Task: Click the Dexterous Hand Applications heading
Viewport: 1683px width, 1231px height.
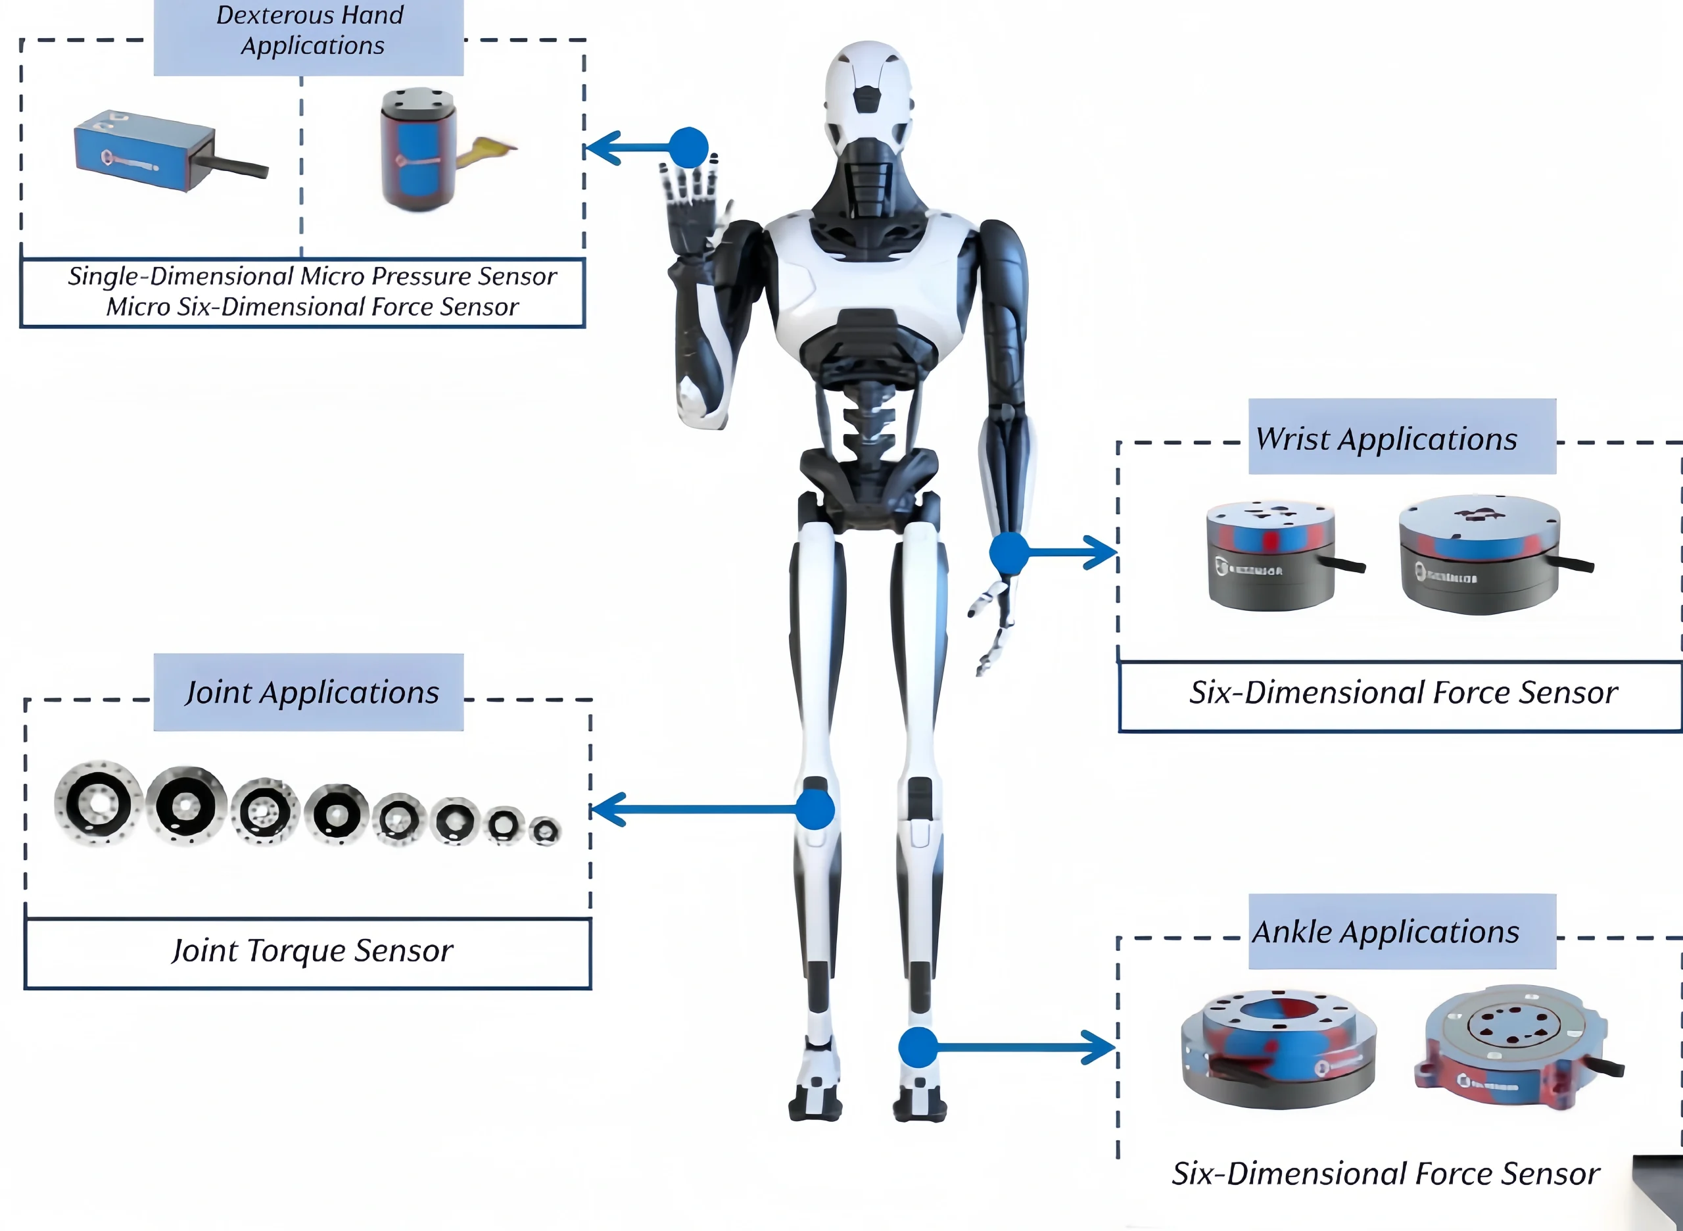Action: click(309, 30)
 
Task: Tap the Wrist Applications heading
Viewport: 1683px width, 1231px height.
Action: click(1386, 439)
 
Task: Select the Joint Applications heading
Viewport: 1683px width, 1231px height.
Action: click(312, 692)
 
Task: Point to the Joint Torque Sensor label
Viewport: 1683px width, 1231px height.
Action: click(312, 951)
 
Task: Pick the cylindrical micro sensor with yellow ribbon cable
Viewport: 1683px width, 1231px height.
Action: click(417, 149)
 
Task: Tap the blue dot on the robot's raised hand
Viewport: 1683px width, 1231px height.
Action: click(688, 147)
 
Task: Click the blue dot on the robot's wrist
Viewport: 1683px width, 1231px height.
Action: click(1008, 552)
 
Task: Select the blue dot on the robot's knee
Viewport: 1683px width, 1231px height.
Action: click(815, 809)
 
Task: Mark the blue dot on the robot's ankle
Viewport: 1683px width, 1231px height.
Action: click(917, 1047)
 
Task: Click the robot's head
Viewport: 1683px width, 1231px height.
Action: click(867, 89)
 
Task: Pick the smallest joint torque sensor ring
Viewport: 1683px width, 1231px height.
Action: click(546, 830)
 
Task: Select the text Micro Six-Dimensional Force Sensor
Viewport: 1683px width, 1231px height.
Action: click(312, 307)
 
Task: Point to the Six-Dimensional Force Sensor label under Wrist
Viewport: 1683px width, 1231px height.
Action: click(1403, 693)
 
